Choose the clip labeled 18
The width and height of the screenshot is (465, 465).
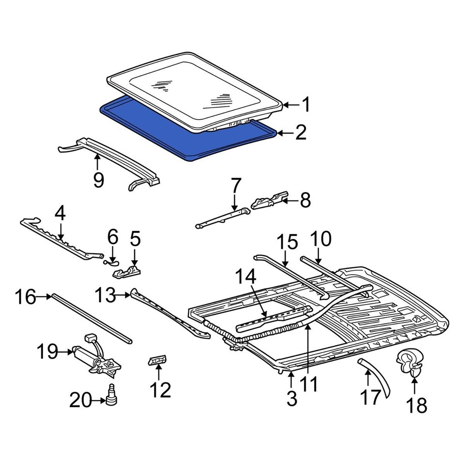410,362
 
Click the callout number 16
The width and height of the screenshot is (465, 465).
26,296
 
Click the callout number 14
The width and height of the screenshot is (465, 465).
246,277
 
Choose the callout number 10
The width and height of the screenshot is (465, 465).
321,239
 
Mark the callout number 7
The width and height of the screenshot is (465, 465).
236,186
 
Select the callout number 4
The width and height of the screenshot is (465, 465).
60,214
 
